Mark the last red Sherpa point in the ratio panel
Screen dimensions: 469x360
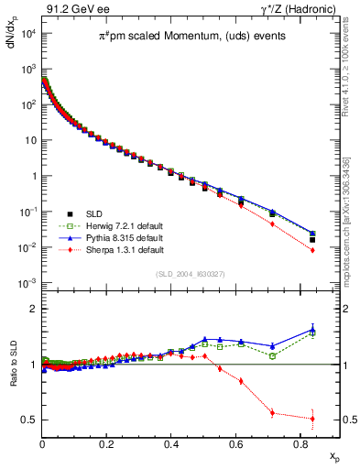[x=312, y=419]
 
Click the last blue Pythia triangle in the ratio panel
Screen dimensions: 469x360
[x=312, y=330]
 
